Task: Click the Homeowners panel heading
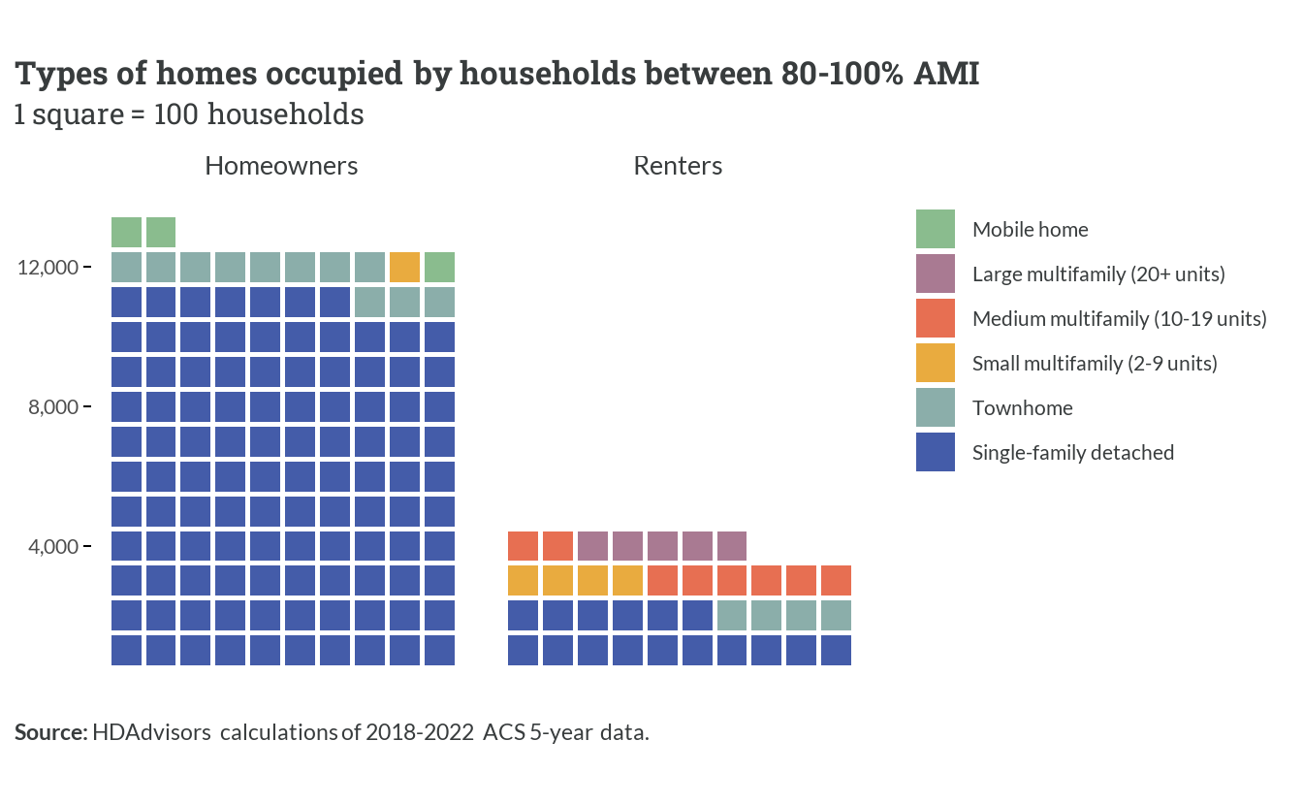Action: [281, 166]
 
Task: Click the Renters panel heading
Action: [678, 166]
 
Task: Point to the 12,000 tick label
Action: [48, 267]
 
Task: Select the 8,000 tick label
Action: [53, 407]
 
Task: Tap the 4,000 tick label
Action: [53, 547]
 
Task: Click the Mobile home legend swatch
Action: [936, 229]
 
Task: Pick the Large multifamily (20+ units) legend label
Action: [1098, 274]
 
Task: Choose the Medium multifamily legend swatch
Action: [936, 318]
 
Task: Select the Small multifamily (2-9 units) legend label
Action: [1095, 363]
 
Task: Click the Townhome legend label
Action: [1023, 407]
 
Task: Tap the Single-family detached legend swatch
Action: [936, 452]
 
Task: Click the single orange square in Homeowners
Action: [404, 267]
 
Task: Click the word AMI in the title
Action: [946, 74]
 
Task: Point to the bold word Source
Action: [50, 732]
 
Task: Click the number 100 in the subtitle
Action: [175, 113]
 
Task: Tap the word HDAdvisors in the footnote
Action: [151, 732]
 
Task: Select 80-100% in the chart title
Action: [842, 74]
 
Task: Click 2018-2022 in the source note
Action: [420, 732]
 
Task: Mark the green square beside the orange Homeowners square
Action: [439, 267]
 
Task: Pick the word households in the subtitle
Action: [286, 113]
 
